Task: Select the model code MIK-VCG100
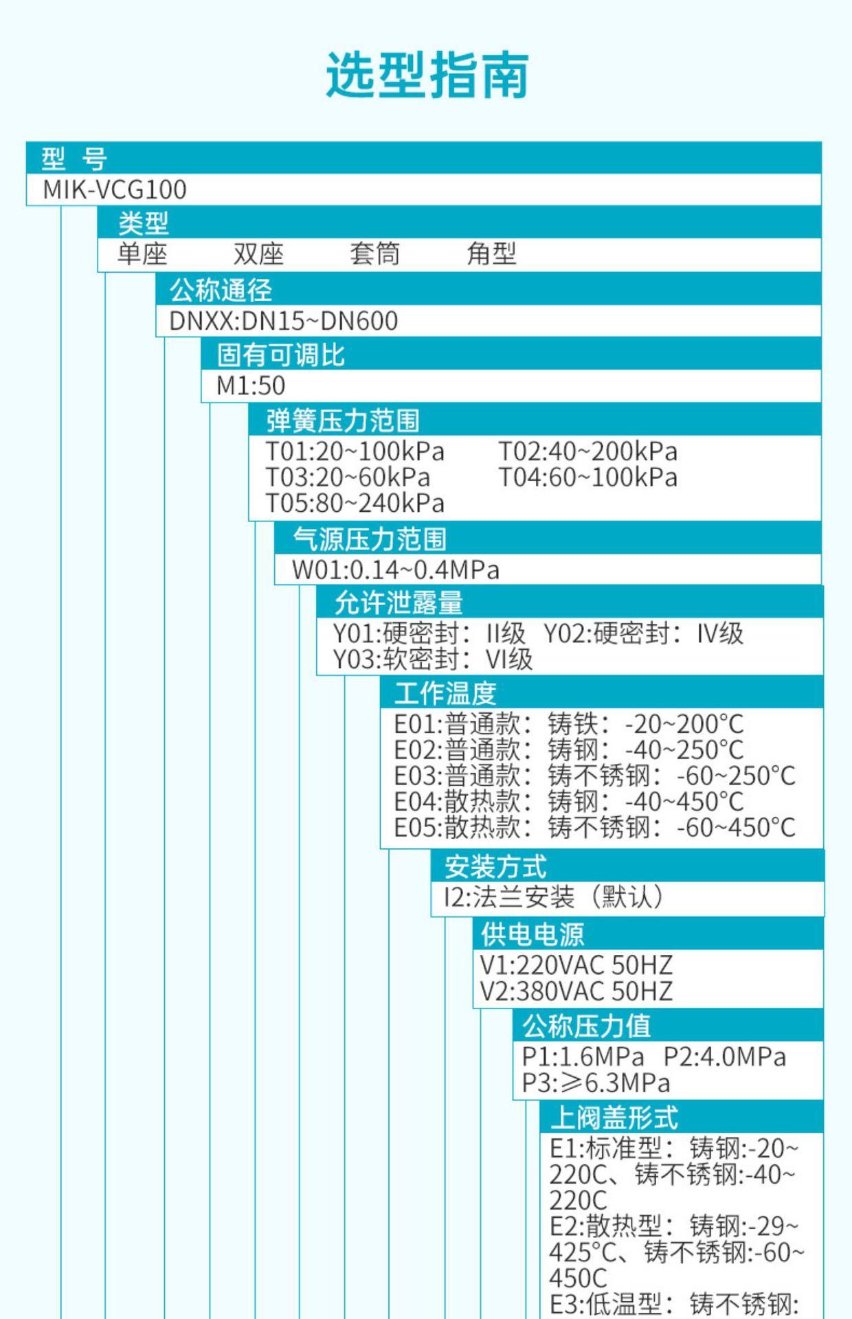115,190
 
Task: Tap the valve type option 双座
258,254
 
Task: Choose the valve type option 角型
491,254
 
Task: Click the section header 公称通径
221,290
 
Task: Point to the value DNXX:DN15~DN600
283,321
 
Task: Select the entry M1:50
251,385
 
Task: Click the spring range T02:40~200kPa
587,451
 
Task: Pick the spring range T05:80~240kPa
355,504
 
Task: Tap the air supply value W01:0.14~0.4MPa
396,570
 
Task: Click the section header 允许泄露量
399,602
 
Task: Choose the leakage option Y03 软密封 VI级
433,659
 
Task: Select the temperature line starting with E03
594,776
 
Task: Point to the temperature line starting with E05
594,827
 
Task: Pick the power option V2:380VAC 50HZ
576,991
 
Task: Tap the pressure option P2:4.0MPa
724,1057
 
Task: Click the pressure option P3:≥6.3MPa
596,1083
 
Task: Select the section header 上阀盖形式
614,1118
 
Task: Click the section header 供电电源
532,934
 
